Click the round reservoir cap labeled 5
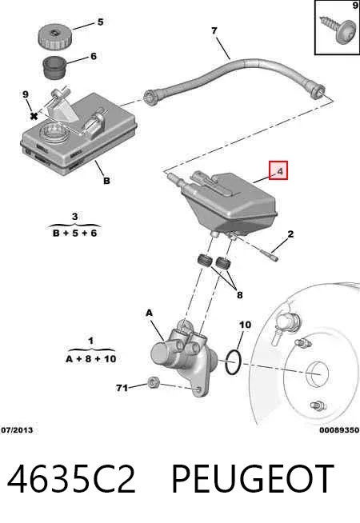[x=54, y=37]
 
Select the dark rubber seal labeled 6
[x=54, y=68]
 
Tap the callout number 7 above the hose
[x=214, y=30]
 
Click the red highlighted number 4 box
[x=278, y=170]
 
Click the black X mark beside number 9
[x=34, y=116]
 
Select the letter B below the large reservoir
[x=106, y=181]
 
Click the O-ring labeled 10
[x=233, y=362]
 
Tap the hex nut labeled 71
[x=153, y=382]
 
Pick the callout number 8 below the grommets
[x=239, y=295]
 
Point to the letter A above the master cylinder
[x=149, y=313]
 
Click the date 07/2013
[x=17, y=430]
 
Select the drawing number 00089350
[x=339, y=430]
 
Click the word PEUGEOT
[x=253, y=479]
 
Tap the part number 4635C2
[x=71, y=479]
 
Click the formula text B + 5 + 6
[x=74, y=233]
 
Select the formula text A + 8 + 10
[x=90, y=359]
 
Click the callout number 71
[x=122, y=388]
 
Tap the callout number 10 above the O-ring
[x=246, y=325]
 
